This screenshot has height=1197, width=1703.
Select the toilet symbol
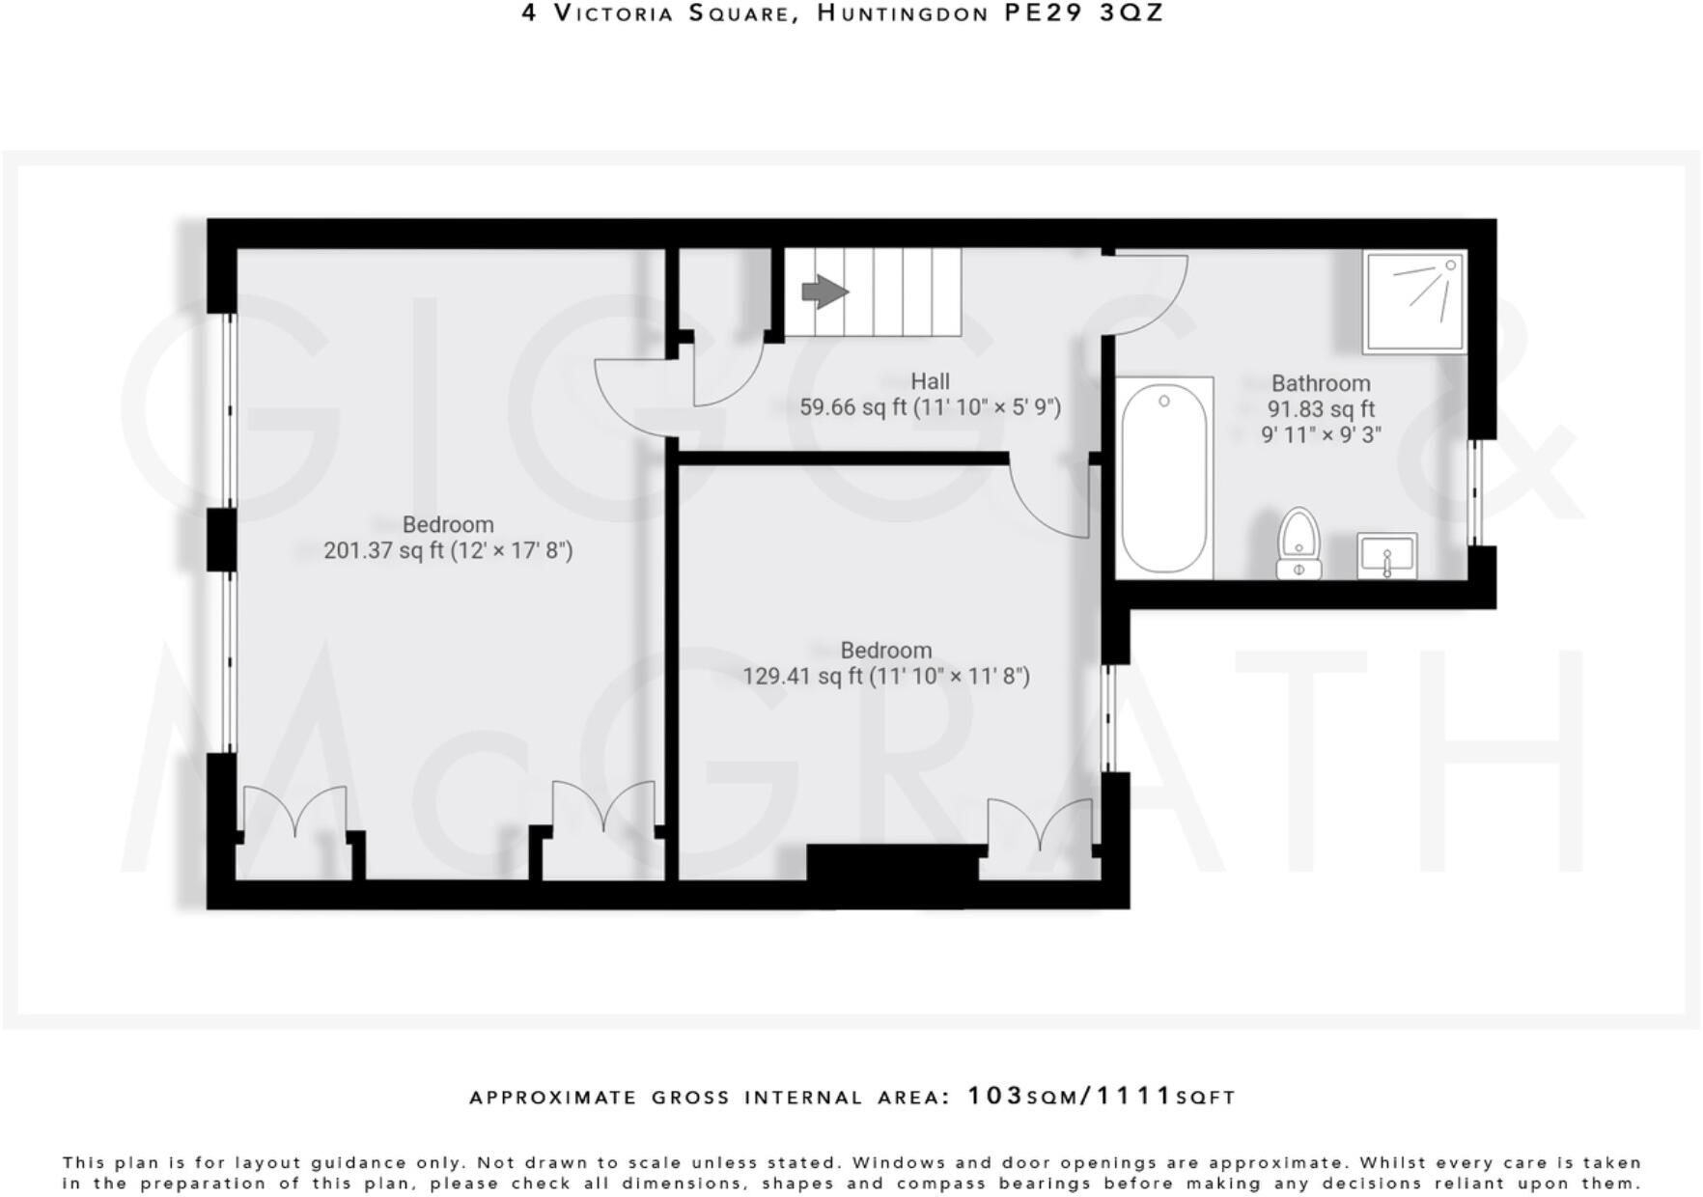coord(1298,543)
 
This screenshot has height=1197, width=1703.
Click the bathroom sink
coord(1386,556)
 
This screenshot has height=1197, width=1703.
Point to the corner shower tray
coord(1414,301)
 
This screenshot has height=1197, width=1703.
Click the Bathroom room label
coord(1320,383)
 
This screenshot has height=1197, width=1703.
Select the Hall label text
coord(930,381)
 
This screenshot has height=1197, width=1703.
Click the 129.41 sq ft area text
coord(801,676)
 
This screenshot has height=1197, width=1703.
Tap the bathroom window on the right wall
coord(1474,492)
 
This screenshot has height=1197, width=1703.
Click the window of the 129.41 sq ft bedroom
coord(1108,717)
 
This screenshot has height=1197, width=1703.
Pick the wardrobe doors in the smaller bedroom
coord(1040,825)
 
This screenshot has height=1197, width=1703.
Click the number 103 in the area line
coord(994,1096)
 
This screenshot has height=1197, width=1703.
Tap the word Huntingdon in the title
coord(903,14)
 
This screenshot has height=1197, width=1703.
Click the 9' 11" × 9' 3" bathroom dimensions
coord(1320,434)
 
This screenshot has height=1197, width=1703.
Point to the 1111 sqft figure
coord(1135,1096)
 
